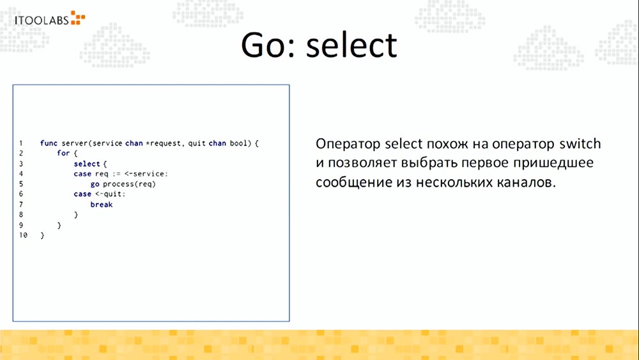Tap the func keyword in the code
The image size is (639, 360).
(49, 143)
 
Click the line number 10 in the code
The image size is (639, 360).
(23, 236)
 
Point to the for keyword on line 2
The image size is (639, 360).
(63, 153)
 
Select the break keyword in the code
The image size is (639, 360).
(101, 205)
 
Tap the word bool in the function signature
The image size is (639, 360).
(238, 143)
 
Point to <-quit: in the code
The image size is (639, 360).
(111, 194)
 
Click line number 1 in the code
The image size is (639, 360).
(21, 143)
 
